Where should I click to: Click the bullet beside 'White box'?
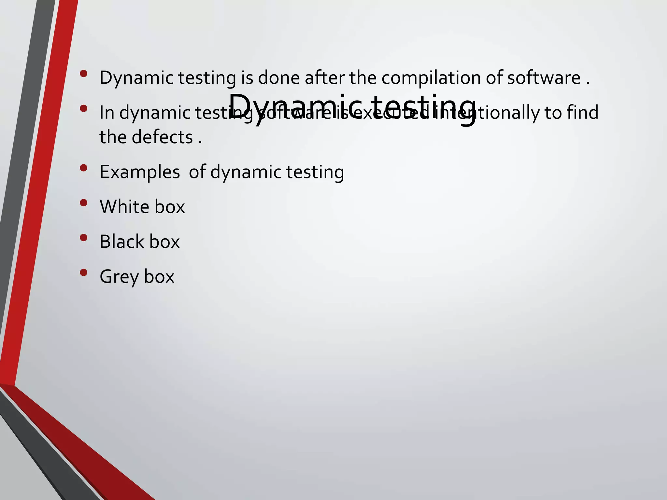83,203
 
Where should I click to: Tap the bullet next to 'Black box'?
83,238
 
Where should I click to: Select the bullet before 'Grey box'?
83,272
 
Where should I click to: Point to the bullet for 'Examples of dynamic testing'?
83,168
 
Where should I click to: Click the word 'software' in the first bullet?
544,78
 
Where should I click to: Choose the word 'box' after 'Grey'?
159,277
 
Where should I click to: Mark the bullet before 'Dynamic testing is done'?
83,74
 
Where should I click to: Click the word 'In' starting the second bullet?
107,113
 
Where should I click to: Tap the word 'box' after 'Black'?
164,242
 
